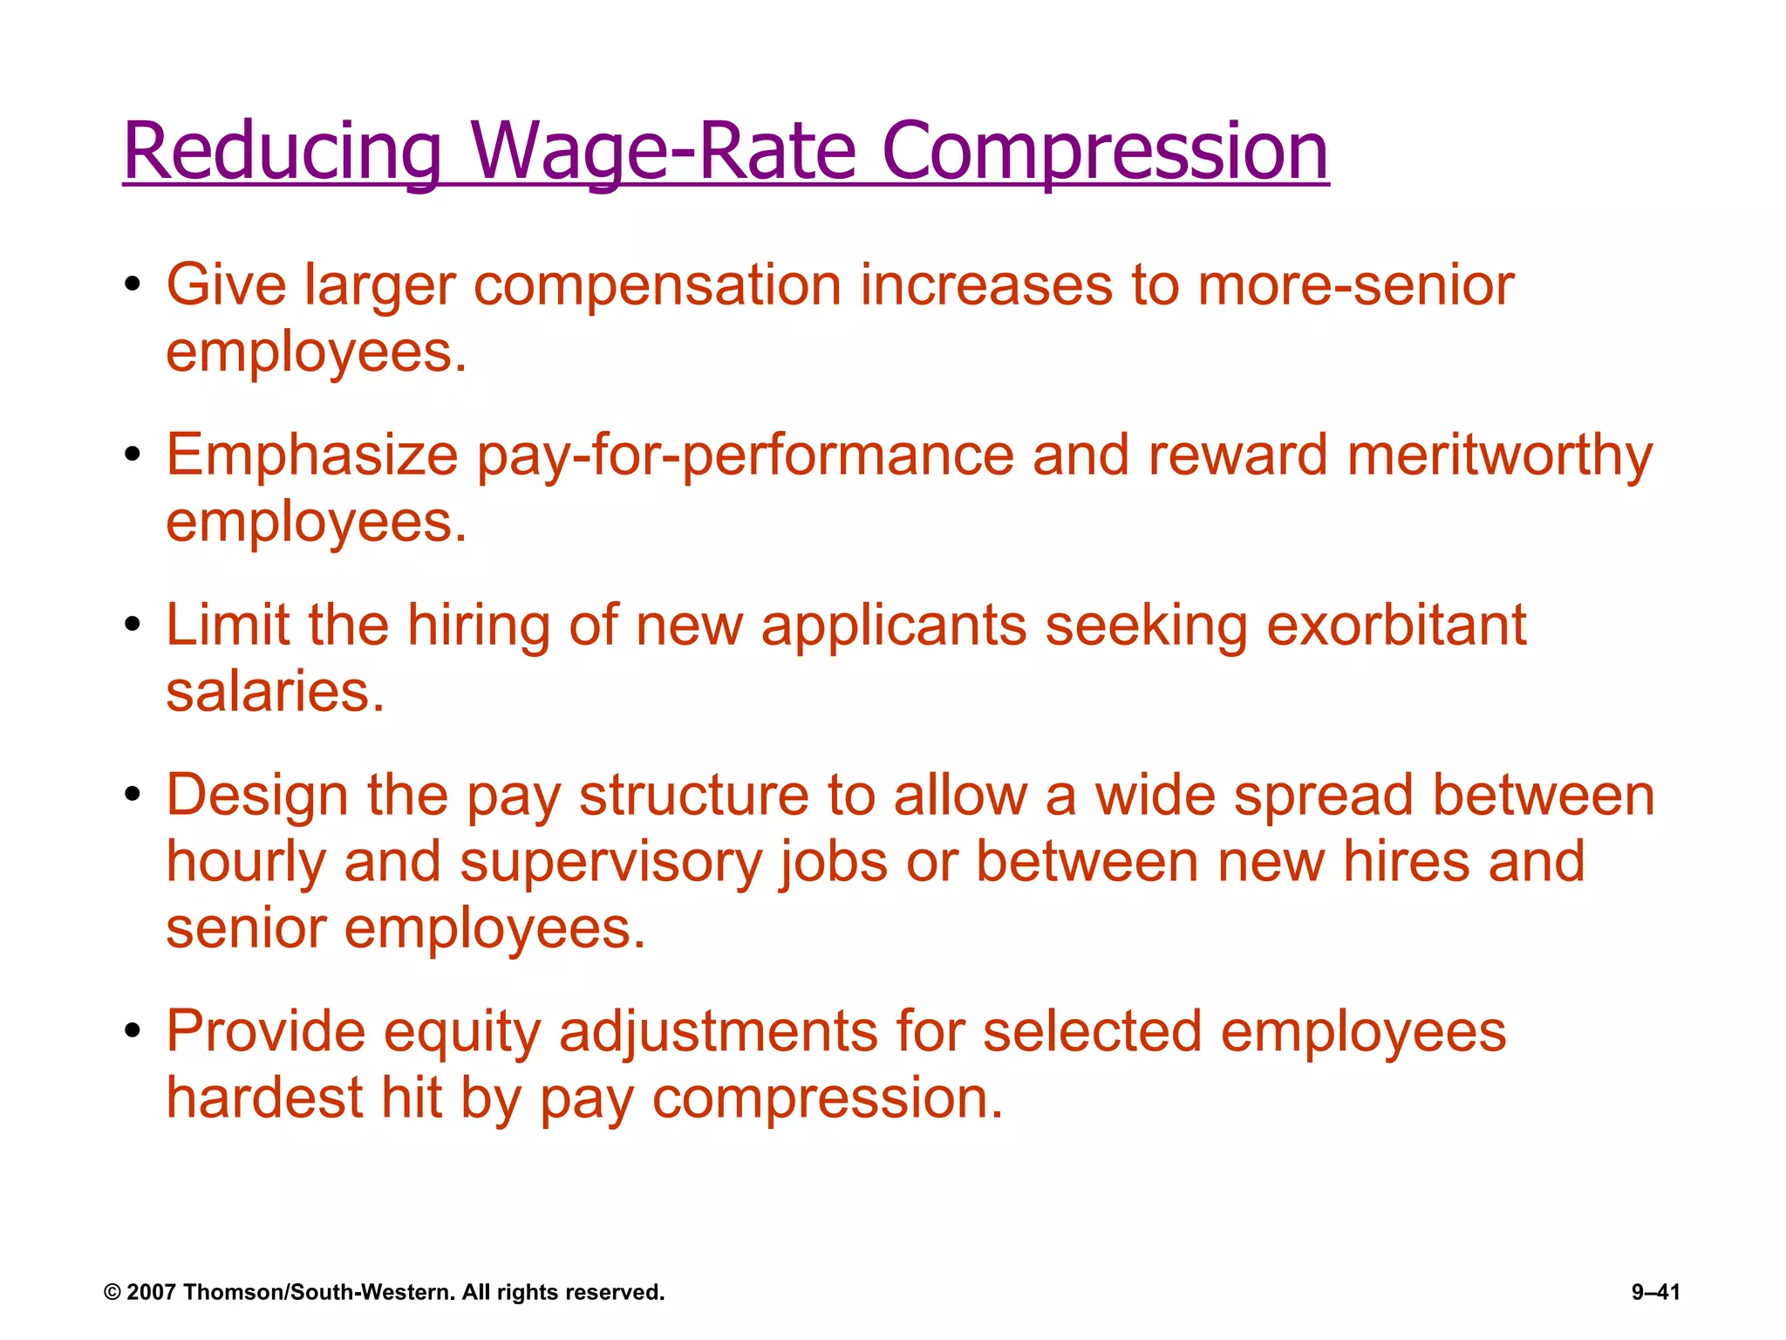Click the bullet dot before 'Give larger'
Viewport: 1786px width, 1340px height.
point(133,285)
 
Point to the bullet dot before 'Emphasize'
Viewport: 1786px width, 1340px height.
point(133,455)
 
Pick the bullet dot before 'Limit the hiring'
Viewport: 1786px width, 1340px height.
point(133,626)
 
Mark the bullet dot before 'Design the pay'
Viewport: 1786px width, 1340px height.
point(133,796)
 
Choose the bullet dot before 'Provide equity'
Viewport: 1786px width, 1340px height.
point(133,1031)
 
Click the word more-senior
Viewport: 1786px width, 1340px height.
point(1356,285)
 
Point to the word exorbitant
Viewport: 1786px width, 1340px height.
point(1396,626)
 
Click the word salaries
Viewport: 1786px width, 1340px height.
point(275,692)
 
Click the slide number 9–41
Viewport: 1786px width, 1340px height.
point(1655,1292)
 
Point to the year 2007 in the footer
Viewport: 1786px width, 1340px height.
point(152,1292)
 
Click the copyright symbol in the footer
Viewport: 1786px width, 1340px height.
point(112,1292)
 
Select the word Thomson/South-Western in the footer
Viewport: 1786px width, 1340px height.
point(319,1292)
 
